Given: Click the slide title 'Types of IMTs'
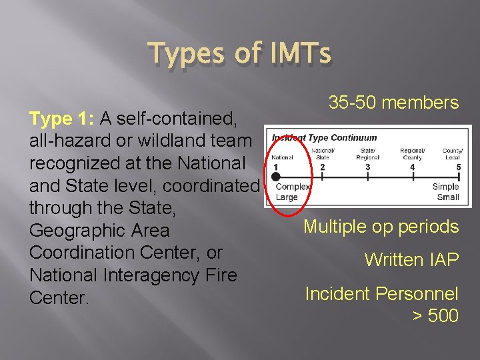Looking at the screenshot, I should (x=239, y=54).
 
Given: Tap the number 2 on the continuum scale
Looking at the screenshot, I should (x=323, y=167).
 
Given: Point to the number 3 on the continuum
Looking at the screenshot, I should (x=368, y=167).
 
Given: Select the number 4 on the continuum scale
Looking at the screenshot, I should (x=413, y=167).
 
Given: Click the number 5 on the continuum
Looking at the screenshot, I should (x=458, y=167).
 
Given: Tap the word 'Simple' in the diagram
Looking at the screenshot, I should (x=445, y=187).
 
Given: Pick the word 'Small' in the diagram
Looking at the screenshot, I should (x=447, y=197).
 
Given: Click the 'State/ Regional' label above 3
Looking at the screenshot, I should (x=368, y=154).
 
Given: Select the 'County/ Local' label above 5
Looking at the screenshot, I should (x=453, y=154).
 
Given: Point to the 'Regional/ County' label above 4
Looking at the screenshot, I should (x=413, y=154).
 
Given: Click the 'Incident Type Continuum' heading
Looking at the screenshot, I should (x=325, y=138).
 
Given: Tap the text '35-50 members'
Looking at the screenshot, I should (x=393, y=103).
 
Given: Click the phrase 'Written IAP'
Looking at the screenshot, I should (x=411, y=260).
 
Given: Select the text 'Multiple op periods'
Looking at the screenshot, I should (x=381, y=227).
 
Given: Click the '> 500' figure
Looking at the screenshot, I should (x=435, y=315).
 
